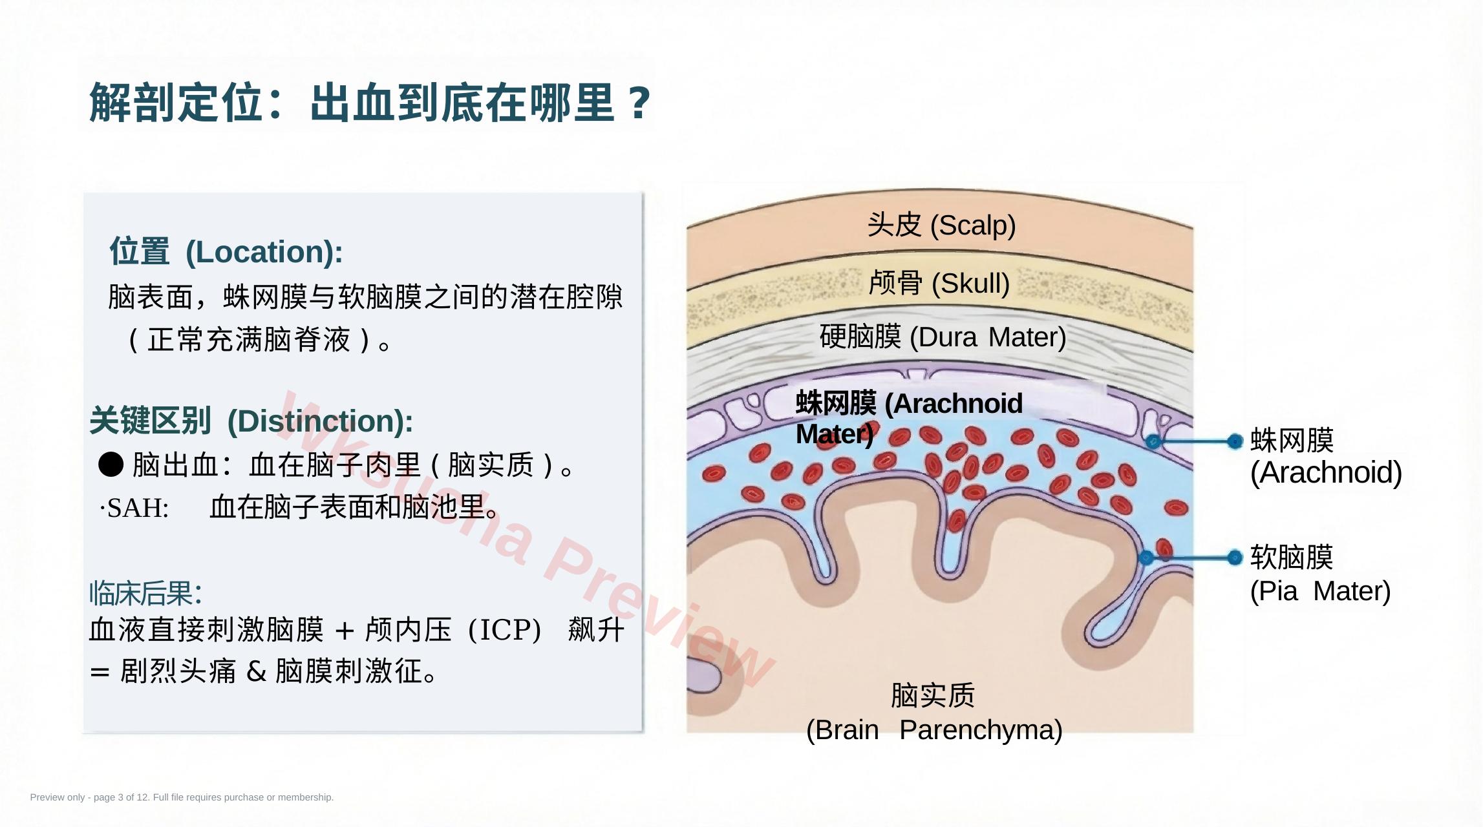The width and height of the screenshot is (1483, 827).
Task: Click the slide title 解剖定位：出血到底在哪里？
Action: pyautogui.click(x=370, y=102)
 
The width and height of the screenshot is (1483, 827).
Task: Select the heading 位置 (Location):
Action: pyautogui.click(x=226, y=251)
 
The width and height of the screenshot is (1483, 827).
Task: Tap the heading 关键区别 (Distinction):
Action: pyautogui.click(x=251, y=421)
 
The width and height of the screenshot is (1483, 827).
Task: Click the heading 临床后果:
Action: pyautogui.click(x=145, y=593)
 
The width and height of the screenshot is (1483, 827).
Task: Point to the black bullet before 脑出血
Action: pyautogui.click(x=111, y=464)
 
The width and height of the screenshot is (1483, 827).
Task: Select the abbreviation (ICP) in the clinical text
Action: pyautogui.click(x=504, y=630)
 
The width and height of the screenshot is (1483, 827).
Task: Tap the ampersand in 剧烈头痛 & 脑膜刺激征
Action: pyautogui.click(x=257, y=671)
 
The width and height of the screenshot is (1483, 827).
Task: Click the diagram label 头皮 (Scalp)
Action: pyautogui.click(x=941, y=225)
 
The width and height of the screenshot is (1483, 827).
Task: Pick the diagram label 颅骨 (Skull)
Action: pyautogui.click(x=939, y=282)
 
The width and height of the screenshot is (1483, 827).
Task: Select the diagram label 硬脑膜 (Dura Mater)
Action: pyautogui.click(x=943, y=337)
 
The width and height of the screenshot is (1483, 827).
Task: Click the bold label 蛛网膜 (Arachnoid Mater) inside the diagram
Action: pyautogui.click(x=909, y=418)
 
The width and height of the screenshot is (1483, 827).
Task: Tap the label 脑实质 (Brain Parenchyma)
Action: pyautogui.click(x=934, y=713)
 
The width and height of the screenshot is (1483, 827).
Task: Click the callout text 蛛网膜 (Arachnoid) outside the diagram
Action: pyautogui.click(x=1326, y=456)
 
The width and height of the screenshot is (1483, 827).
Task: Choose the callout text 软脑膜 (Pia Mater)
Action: pyautogui.click(x=1320, y=574)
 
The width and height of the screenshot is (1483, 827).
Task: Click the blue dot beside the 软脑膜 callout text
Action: pyautogui.click(x=1235, y=557)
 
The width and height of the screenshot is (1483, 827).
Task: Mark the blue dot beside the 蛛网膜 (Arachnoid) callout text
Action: pyautogui.click(x=1235, y=441)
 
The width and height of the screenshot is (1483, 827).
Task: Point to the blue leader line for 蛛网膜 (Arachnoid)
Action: pyautogui.click(x=1193, y=441)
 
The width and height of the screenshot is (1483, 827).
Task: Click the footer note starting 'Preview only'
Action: pyautogui.click(x=182, y=797)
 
